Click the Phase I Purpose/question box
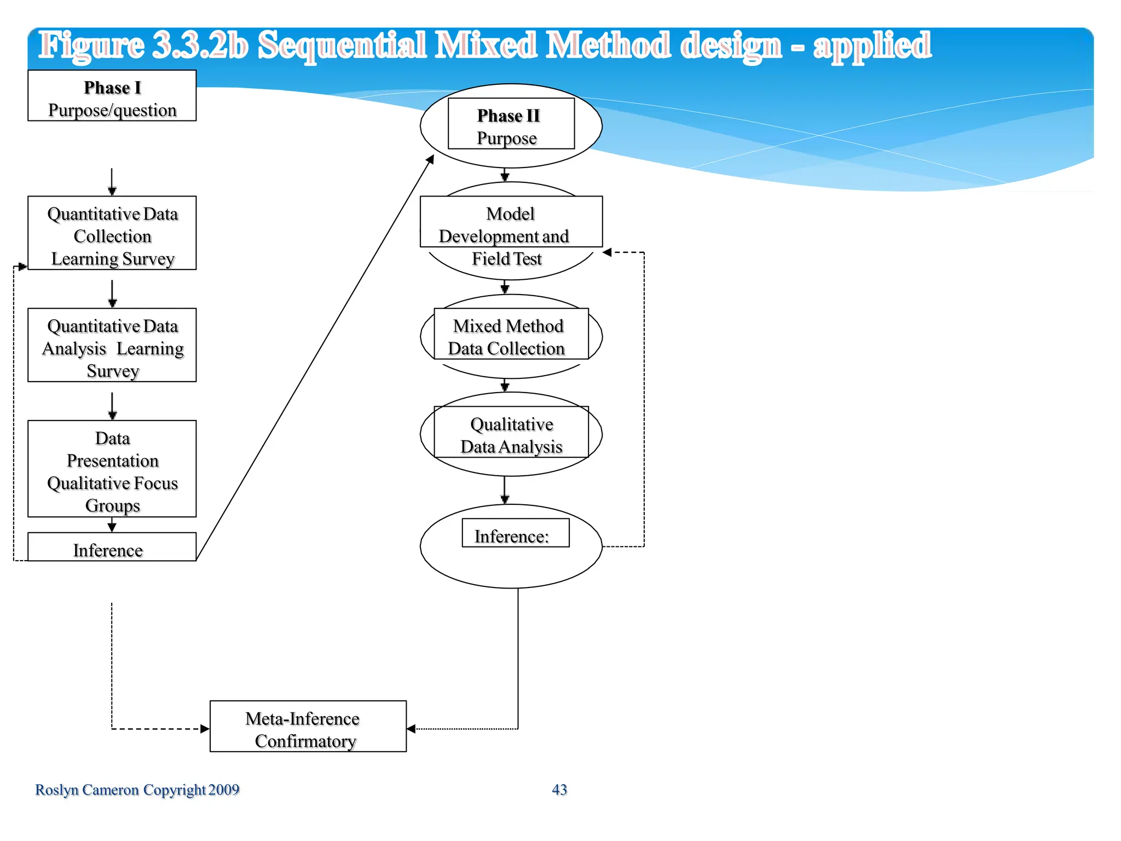[x=112, y=96]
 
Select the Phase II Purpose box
[x=511, y=124]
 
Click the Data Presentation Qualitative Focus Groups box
[x=112, y=469]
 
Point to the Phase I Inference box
[x=112, y=547]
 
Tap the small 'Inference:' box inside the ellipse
[x=515, y=533]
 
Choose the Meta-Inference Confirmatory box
[x=308, y=726]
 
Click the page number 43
[x=559, y=790]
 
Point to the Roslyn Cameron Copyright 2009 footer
[x=137, y=790]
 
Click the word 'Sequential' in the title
[x=342, y=46]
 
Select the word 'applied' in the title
[x=872, y=46]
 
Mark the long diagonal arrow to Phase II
[x=315, y=359]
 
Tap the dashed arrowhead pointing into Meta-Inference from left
[x=205, y=729]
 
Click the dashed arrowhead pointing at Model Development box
[x=608, y=252]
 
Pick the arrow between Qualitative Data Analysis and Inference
[x=505, y=490]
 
